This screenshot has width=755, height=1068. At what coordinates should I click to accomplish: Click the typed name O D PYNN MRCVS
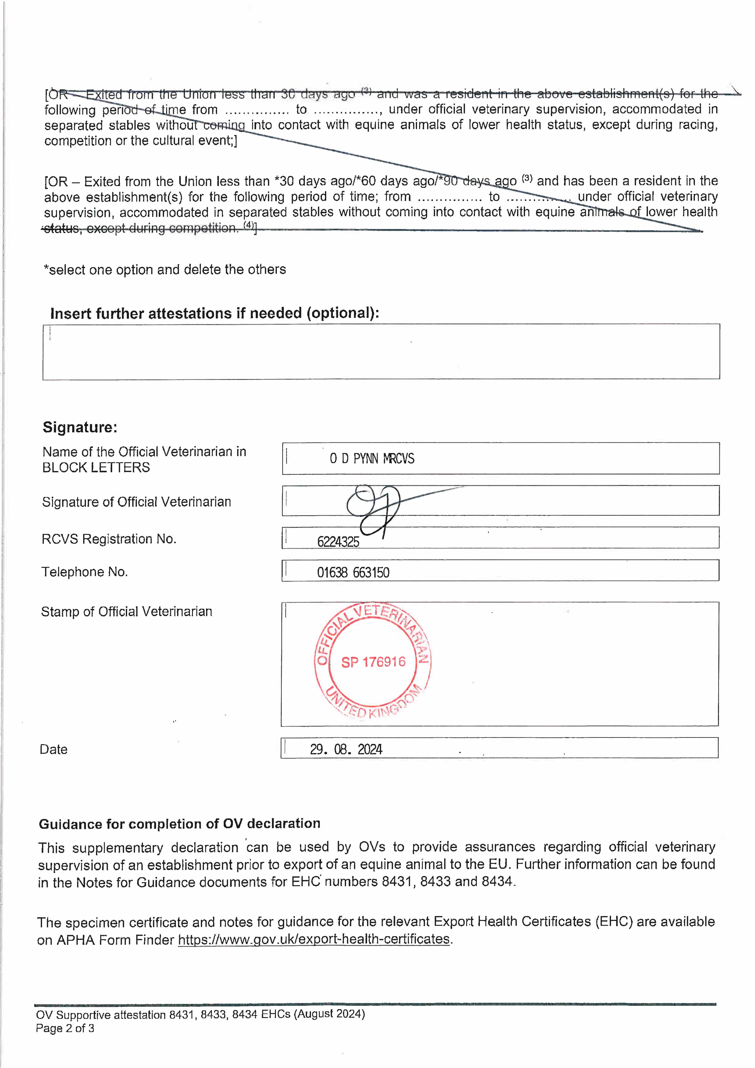click(x=372, y=459)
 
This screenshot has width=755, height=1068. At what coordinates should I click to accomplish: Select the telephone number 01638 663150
click(x=353, y=573)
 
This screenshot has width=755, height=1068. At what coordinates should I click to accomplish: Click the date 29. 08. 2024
click(x=346, y=749)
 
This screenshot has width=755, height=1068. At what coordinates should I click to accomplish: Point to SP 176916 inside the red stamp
click(x=373, y=662)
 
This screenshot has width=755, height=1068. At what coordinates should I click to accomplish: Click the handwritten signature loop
click(x=372, y=505)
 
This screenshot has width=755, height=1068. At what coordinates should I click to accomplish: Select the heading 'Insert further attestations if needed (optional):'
click(x=214, y=313)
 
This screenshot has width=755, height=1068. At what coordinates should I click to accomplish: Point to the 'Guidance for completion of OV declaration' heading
click(x=179, y=824)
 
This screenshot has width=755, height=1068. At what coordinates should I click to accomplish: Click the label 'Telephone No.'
click(x=85, y=572)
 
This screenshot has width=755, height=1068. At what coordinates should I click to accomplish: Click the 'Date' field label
click(x=53, y=749)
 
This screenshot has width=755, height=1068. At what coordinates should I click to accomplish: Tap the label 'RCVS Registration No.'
click(x=109, y=539)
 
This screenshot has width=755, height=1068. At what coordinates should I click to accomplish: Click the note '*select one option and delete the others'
click(x=165, y=270)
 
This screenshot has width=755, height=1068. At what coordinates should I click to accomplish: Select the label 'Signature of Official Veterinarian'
click(x=136, y=502)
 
